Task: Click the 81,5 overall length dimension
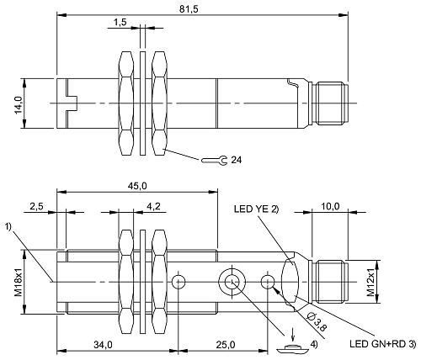tap(202, 8)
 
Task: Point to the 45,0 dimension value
tap(138, 186)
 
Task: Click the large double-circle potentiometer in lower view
tap(230, 280)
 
